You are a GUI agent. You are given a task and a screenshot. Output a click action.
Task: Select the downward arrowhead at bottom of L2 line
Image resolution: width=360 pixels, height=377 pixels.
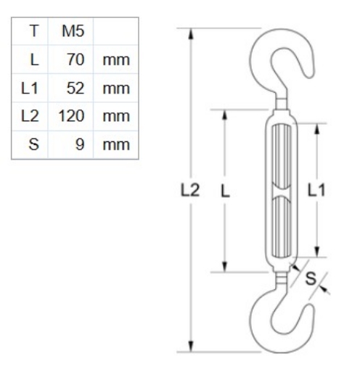tap(191, 346)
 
